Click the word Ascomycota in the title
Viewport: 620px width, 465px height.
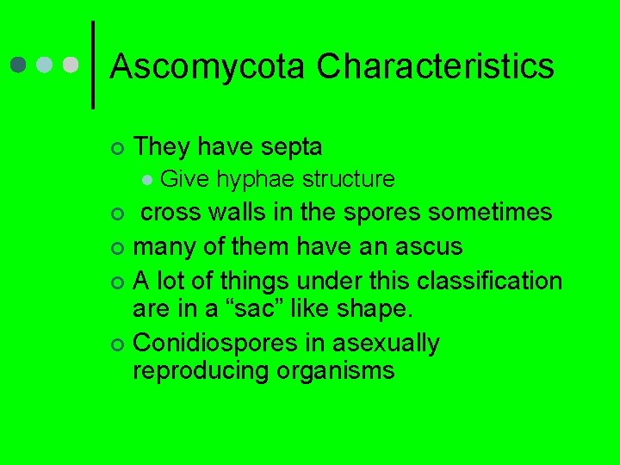(x=208, y=66)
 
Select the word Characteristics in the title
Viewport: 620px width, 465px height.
(x=436, y=66)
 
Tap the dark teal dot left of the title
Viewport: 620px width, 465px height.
(x=19, y=65)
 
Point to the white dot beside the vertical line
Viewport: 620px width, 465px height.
(x=71, y=65)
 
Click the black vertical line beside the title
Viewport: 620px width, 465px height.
(x=92, y=65)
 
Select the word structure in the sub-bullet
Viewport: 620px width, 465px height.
(x=348, y=179)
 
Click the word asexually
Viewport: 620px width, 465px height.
(x=386, y=344)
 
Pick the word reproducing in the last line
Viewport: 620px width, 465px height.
(x=201, y=372)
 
